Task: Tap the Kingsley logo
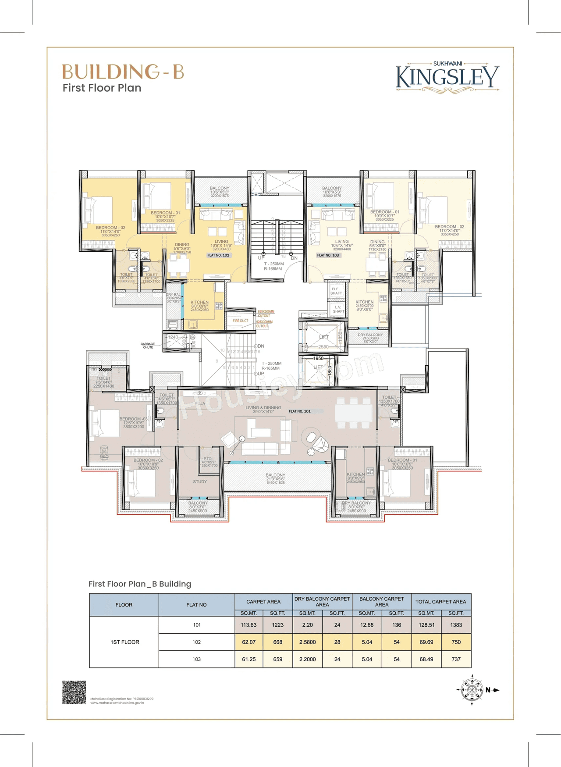pyautogui.click(x=447, y=77)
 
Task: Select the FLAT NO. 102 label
pyautogui.click(x=218, y=255)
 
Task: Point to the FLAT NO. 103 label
pyautogui.click(x=328, y=255)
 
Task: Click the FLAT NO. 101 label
pyautogui.click(x=300, y=411)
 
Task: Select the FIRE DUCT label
pyautogui.click(x=240, y=321)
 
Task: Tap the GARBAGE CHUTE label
pyautogui.click(x=148, y=346)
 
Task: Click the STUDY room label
pyautogui.click(x=200, y=482)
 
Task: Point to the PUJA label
pyautogui.click(x=200, y=403)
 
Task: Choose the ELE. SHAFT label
pyautogui.click(x=336, y=291)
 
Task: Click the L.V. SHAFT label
pyautogui.click(x=338, y=309)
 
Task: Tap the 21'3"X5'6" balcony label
pyautogui.click(x=275, y=478)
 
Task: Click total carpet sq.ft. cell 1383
pyautogui.click(x=456, y=625)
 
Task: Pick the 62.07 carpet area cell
pyautogui.click(x=249, y=642)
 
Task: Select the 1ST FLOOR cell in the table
pyautogui.click(x=124, y=642)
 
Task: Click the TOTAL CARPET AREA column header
pyautogui.click(x=440, y=602)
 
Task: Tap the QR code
pyautogui.click(x=74, y=692)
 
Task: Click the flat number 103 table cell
pyautogui.click(x=196, y=659)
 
